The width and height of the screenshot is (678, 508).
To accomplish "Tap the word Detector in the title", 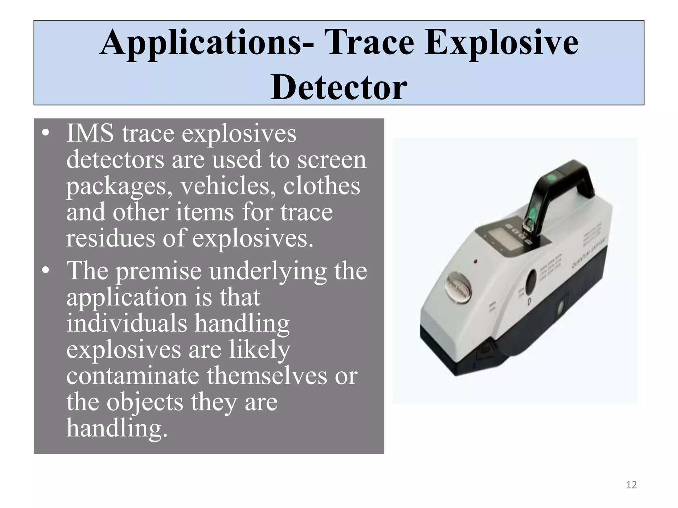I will coord(339,87).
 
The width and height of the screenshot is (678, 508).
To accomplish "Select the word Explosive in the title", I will coord(502,43).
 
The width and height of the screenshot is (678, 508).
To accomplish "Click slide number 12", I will coord(631,485).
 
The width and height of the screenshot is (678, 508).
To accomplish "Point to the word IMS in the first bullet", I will coord(90,133).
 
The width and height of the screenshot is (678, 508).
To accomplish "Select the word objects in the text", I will coord(145,402).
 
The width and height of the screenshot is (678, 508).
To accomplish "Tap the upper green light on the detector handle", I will coord(551,178).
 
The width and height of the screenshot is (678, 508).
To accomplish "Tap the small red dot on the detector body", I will coord(476,262).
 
